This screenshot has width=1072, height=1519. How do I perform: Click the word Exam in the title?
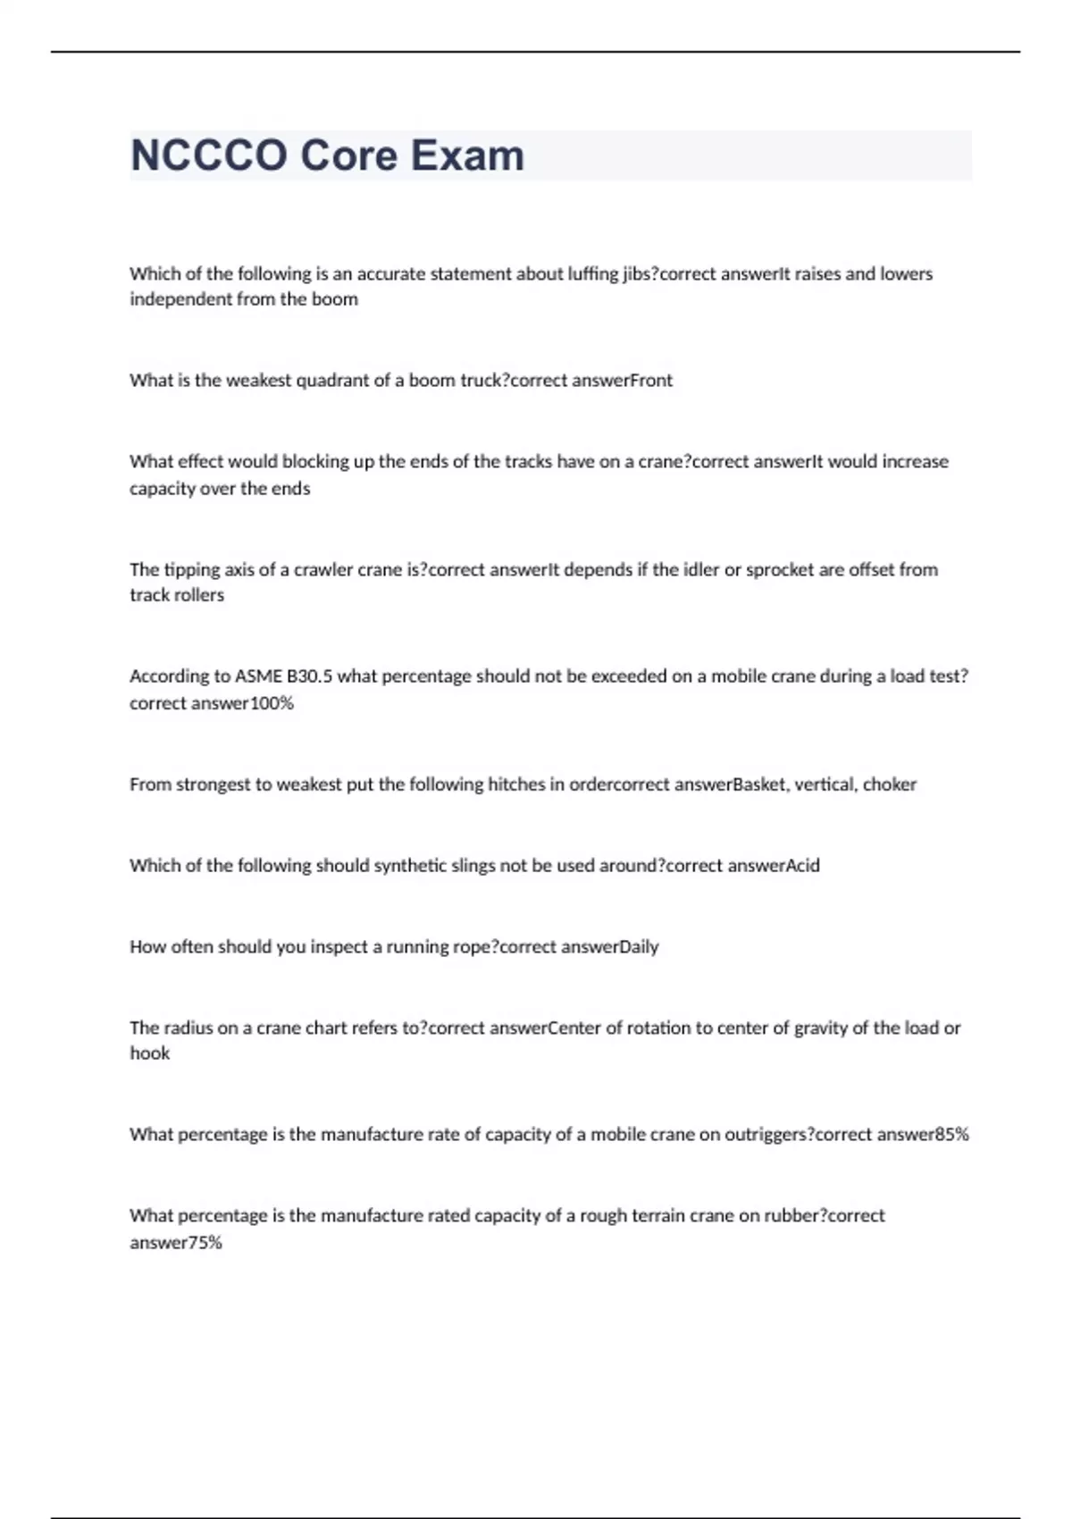(467, 155)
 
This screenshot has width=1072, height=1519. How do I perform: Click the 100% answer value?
(272, 703)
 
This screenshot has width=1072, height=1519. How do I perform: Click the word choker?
(890, 785)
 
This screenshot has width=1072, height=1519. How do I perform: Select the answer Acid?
(801, 866)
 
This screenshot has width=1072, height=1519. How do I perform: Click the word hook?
(149, 1054)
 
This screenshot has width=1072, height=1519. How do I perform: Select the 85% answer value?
(951, 1135)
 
